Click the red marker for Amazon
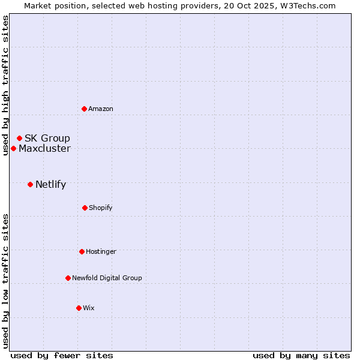(84, 109)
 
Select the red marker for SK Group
(19, 138)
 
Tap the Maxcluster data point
(13, 148)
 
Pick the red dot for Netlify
(30, 184)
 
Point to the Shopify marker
(85, 208)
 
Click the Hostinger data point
(82, 251)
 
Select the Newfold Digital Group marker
(68, 278)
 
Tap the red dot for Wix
(79, 308)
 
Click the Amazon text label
(101, 109)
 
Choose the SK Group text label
(47, 138)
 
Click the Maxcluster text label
(44, 148)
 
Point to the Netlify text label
(50, 184)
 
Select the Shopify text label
(101, 208)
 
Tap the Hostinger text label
(101, 251)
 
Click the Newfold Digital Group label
(107, 278)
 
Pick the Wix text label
(89, 308)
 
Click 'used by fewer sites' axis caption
(62, 355)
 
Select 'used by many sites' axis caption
(301, 355)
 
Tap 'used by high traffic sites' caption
(5, 85)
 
